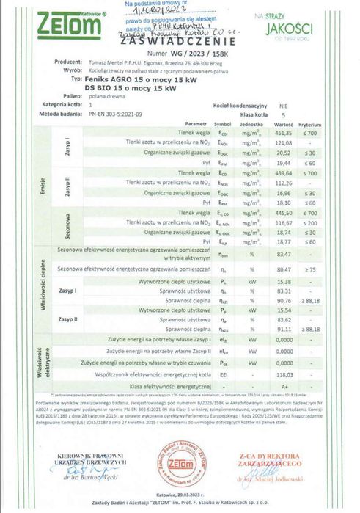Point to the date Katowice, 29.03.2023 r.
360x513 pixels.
(180, 496)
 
